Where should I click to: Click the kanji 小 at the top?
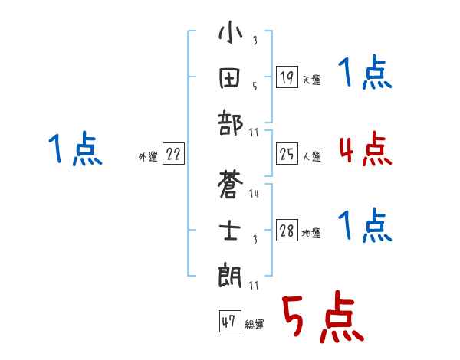coord(231,35)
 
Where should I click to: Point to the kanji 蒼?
coord(231,186)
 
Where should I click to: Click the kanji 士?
coord(231,229)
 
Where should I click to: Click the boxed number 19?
coord(287,77)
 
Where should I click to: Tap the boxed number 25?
coord(287,155)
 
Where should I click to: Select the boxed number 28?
coord(287,231)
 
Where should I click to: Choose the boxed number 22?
coord(173,154)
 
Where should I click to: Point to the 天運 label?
coord(311,80)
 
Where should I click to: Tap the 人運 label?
coord(311,157)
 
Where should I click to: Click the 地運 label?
coord(311,234)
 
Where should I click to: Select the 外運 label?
coord(148,157)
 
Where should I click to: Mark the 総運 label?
coord(254,325)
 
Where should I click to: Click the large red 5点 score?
coord(322,318)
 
